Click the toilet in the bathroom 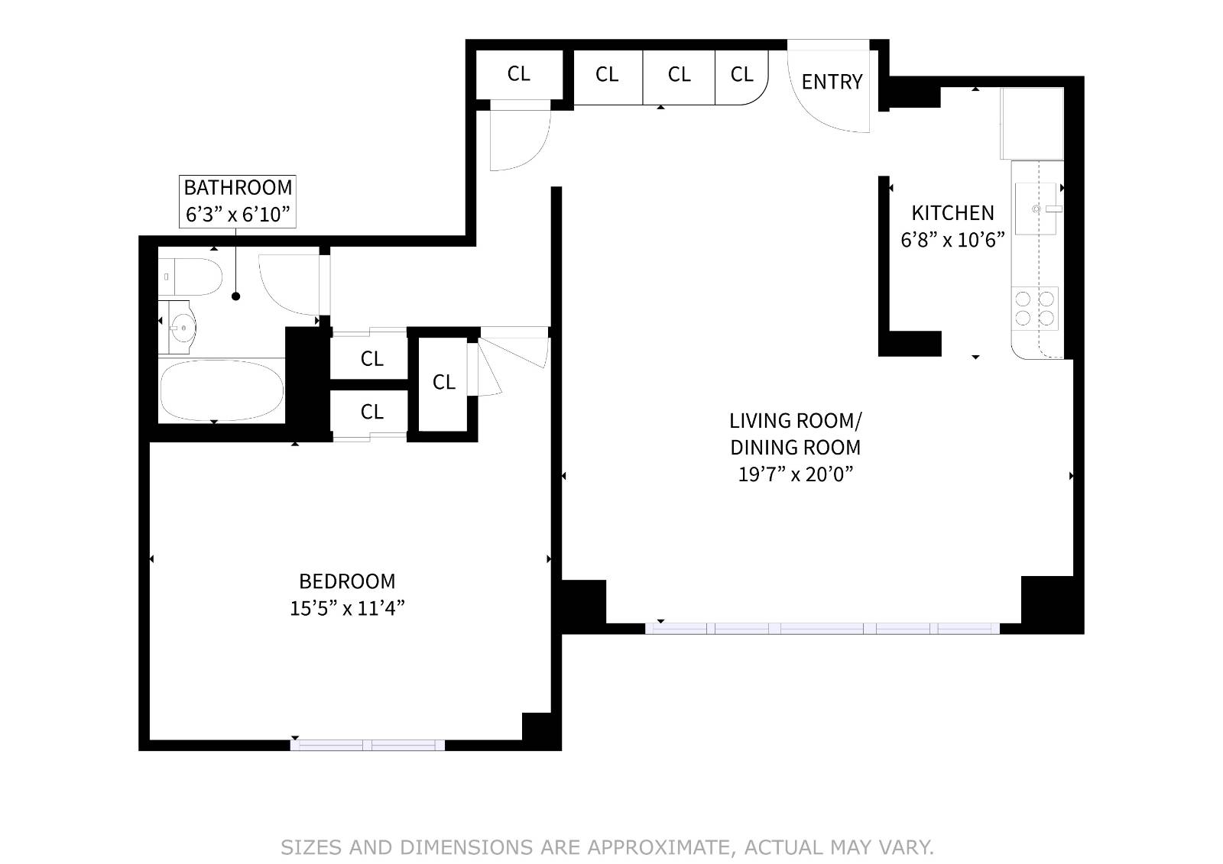(x=190, y=277)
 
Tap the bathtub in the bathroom (x=222, y=391)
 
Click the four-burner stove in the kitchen (x=1035, y=309)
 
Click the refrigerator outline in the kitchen (x=1032, y=124)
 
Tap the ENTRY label (x=832, y=82)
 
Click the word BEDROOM (x=347, y=581)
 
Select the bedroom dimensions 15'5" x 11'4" (x=347, y=608)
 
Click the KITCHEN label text (x=952, y=213)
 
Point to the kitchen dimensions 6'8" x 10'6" (x=952, y=240)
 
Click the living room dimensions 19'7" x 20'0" (x=796, y=474)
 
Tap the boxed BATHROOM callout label (x=238, y=202)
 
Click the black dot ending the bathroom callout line (x=236, y=296)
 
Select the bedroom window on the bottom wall (x=368, y=745)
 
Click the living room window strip (x=822, y=628)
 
